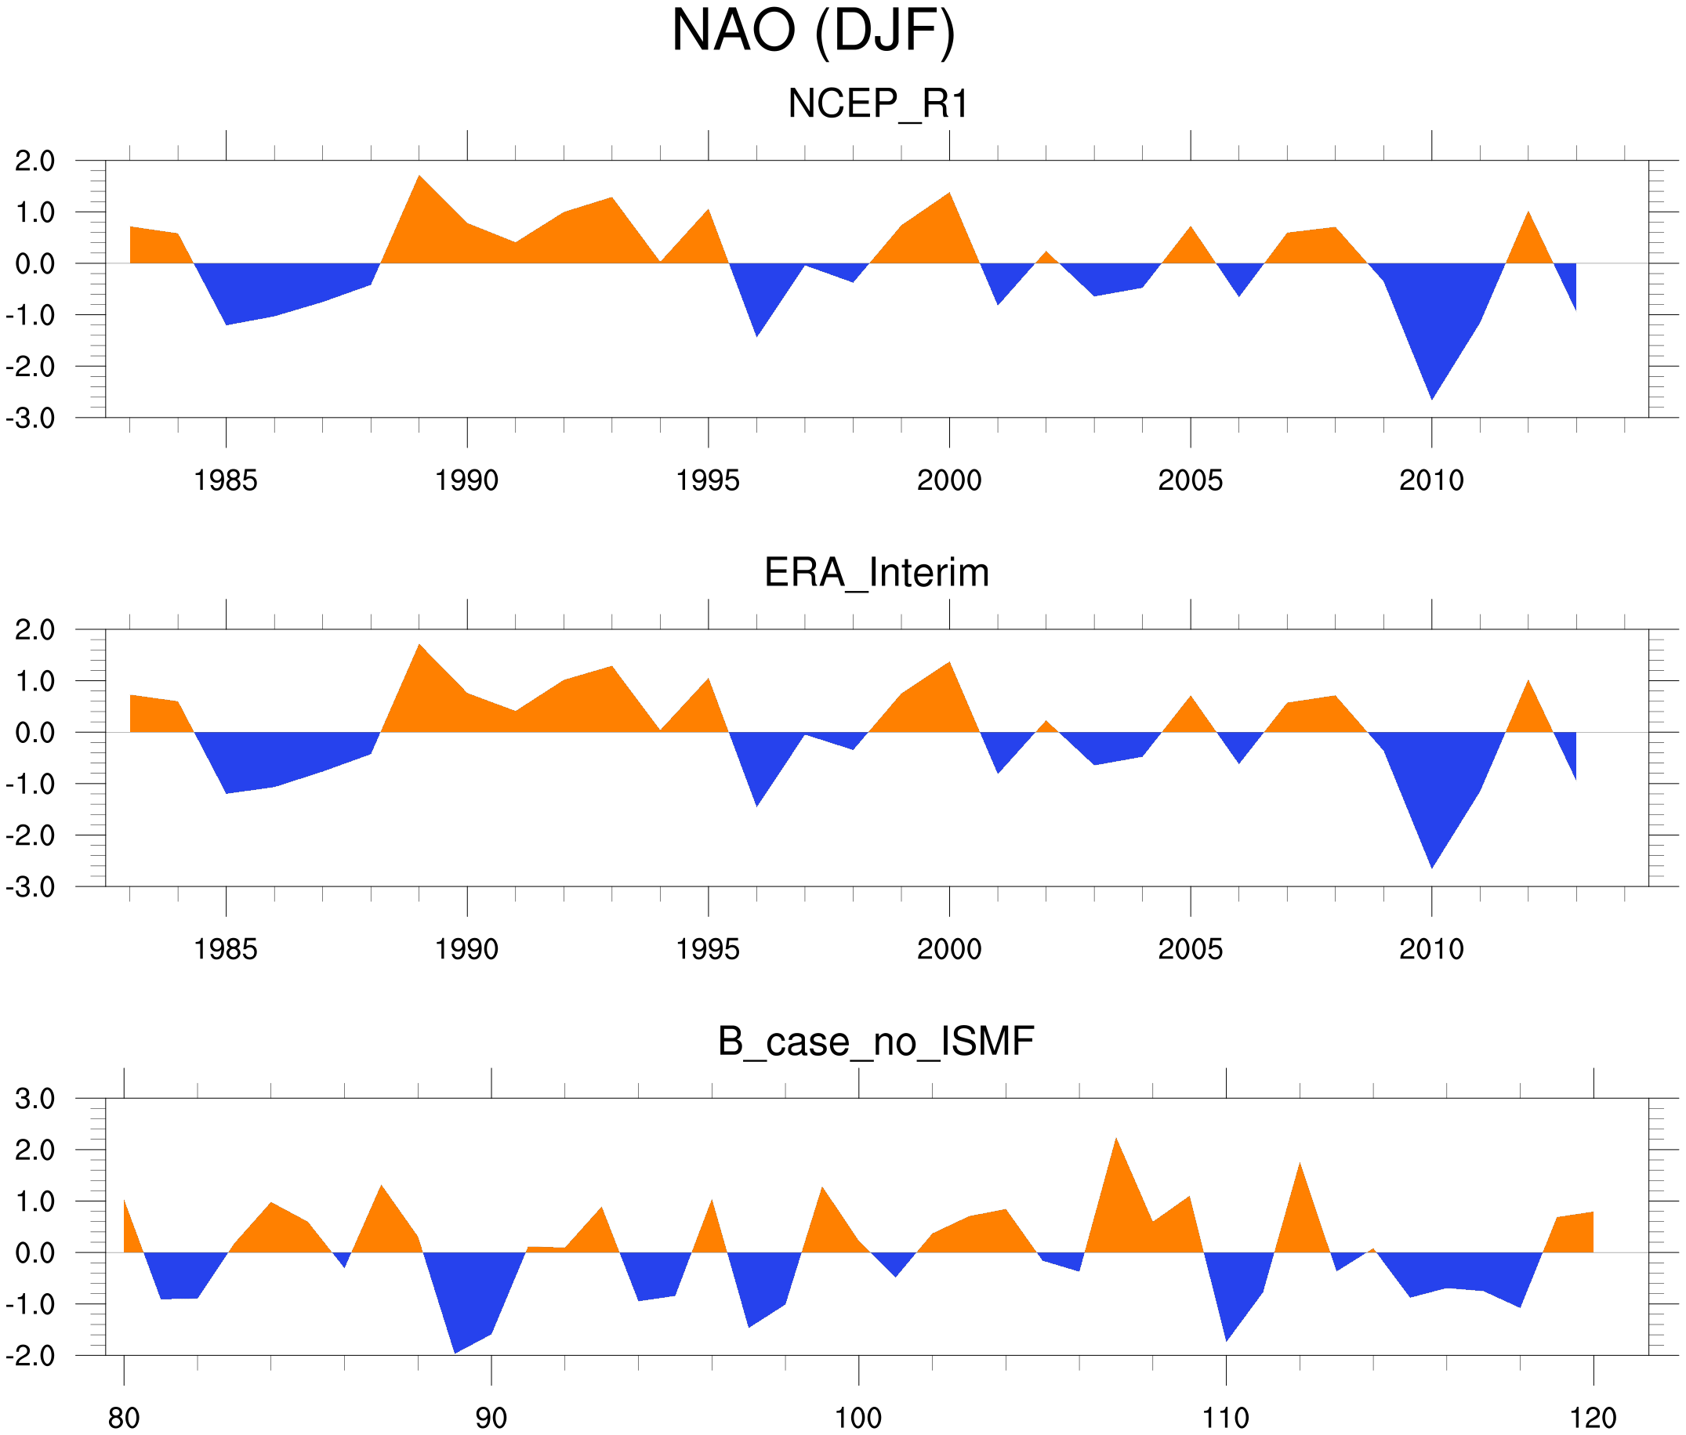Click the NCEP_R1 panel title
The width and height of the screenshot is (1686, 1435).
(x=878, y=104)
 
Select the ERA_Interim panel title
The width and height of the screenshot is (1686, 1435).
(x=876, y=573)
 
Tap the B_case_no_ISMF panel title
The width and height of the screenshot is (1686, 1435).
(x=876, y=1042)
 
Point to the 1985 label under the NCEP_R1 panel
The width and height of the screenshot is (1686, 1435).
(x=226, y=480)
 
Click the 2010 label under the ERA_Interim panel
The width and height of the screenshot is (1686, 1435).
(x=1431, y=949)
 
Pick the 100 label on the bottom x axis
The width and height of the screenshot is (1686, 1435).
(x=858, y=1419)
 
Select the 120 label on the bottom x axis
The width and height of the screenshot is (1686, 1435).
(x=1593, y=1419)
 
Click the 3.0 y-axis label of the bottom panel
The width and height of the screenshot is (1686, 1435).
(x=35, y=1099)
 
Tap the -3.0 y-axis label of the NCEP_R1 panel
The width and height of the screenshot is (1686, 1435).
(x=30, y=419)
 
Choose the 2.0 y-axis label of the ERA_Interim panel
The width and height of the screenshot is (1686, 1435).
(x=35, y=629)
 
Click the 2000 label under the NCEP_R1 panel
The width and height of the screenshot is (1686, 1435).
(x=948, y=480)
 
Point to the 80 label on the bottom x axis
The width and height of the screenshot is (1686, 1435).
(x=124, y=1419)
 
